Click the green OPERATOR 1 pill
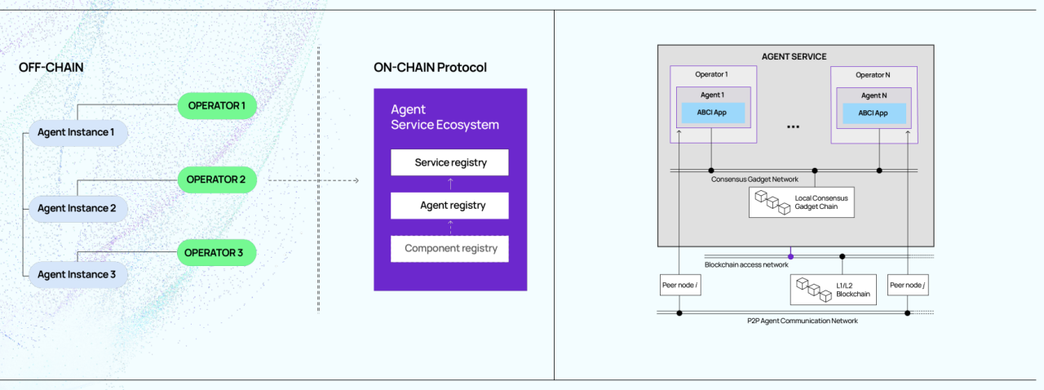pyautogui.click(x=217, y=105)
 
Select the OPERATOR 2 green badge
pyautogui.click(x=217, y=179)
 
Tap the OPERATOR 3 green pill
pyautogui.click(x=217, y=253)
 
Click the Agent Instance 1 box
pyautogui.click(x=78, y=132)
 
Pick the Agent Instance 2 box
pyautogui.click(x=78, y=209)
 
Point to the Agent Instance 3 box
pyautogui.click(x=78, y=275)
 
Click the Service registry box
pyautogui.click(x=449, y=162)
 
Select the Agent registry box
pyautogui.click(x=449, y=206)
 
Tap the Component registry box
pyautogui.click(x=449, y=249)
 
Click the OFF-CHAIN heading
pyautogui.click(x=51, y=68)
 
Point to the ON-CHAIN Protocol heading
pyautogui.click(x=430, y=68)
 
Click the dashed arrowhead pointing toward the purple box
pyautogui.click(x=356, y=180)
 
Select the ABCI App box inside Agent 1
pyautogui.click(x=713, y=113)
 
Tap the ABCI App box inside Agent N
pyautogui.click(x=874, y=113)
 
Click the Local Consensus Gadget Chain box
pyautogui.click(x=802, y=202)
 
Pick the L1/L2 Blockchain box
pyautogui.click(x=834, y=290)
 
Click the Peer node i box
pyautogui.click(x=680, y=285)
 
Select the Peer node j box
pyautogui.click(x=908, y=285)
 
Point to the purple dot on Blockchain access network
pyautogui.click(x=791, y=256)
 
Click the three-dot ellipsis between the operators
pyautogui.click(x=794, y=127)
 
